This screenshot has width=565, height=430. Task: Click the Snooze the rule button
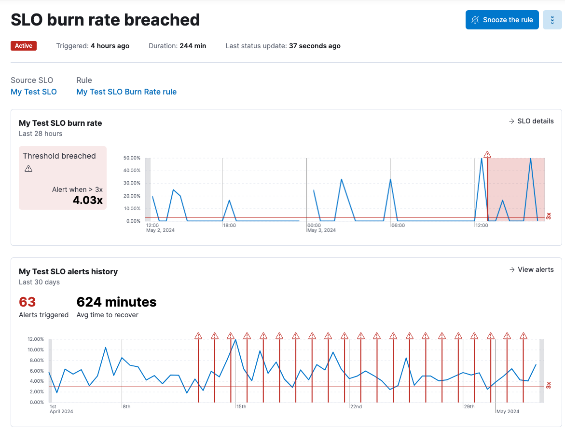click(502, 20)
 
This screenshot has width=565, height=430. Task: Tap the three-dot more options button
click(552, 20)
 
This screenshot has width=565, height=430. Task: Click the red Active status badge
click(24, 46)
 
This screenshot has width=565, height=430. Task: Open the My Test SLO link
click(34, 92)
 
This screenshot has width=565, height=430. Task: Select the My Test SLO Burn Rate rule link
click(126, 92)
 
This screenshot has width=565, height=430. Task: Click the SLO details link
click(531, 121)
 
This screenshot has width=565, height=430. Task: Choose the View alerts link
click(531, 269)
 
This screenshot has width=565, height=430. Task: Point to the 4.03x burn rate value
click(88, 200)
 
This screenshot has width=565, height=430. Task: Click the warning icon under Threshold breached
click(28, 168)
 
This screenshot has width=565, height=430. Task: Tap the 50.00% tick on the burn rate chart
click(132, 158)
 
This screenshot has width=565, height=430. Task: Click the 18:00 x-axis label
click(230, 225)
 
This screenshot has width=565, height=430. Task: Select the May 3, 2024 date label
click(321, 230)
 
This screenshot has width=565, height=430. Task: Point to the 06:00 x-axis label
click(398, 225)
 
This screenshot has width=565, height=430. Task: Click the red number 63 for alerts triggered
click(28, 302)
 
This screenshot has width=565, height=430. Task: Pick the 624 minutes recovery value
click(116, 302)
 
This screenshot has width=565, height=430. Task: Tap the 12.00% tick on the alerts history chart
click(36, 339)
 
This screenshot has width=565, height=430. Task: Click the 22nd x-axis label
click(356, 407)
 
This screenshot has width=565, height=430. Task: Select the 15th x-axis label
click(241, 407)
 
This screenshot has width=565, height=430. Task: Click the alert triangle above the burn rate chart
click(487, 154)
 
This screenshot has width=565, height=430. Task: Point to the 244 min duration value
click(193, 46)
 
